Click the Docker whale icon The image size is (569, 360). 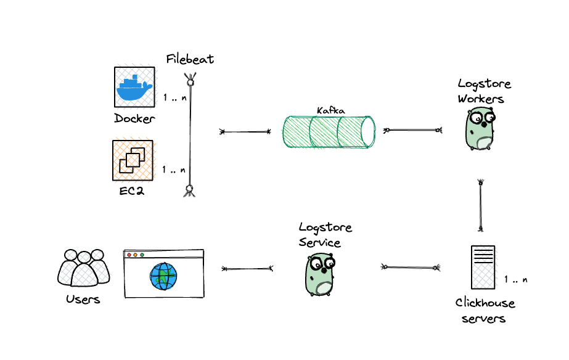pos(134,87)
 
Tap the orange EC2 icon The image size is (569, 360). pos(133,160)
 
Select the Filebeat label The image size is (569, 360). pos(190,59)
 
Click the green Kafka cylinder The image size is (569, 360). pos(329,131)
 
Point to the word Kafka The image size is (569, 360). pos(330,111)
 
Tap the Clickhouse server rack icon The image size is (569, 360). pos(483,267)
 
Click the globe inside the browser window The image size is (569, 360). pos(163,276)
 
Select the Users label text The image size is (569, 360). pos(83,300)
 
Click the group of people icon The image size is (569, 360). pos(83,268)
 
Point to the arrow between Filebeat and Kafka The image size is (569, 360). pos(245,131)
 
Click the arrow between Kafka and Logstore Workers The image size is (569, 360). pos(413,130)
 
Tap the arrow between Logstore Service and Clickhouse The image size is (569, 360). pos(410,267)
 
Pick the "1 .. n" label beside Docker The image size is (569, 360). pos(174,98)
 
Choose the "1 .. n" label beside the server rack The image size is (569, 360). pos(515,279)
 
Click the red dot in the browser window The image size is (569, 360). pos(129,255)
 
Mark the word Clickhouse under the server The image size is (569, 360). pos(485,303)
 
